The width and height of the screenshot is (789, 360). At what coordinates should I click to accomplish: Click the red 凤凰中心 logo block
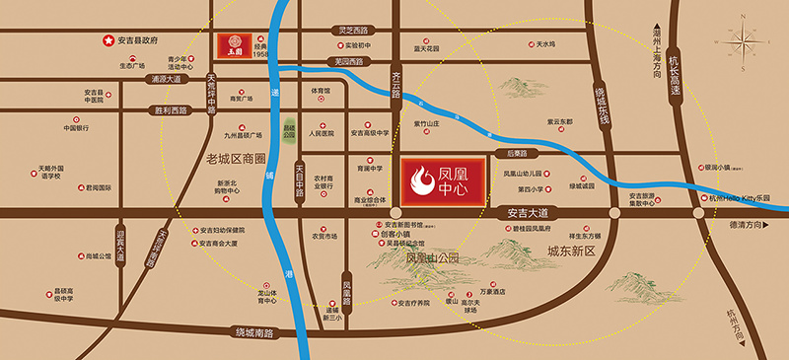(x=443, y=179)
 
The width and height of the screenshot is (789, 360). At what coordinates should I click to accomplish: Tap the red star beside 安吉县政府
(x=109, y=40)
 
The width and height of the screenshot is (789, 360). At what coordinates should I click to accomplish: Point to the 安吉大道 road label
(x=526, y=212)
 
